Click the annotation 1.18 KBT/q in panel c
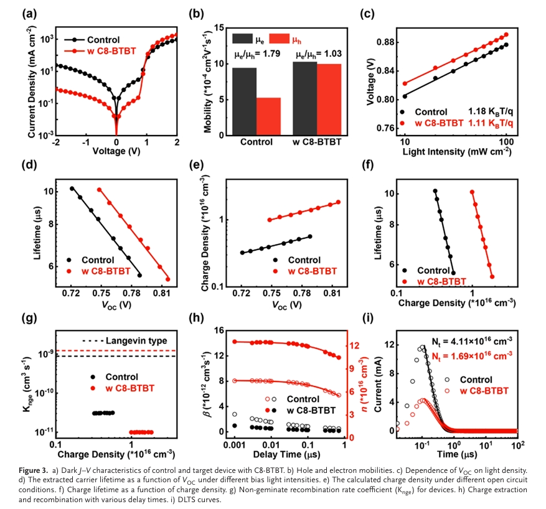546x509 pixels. (489, 112)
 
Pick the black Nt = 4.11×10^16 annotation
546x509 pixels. (471, 340)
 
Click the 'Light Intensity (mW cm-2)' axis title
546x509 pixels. (456, 151)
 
